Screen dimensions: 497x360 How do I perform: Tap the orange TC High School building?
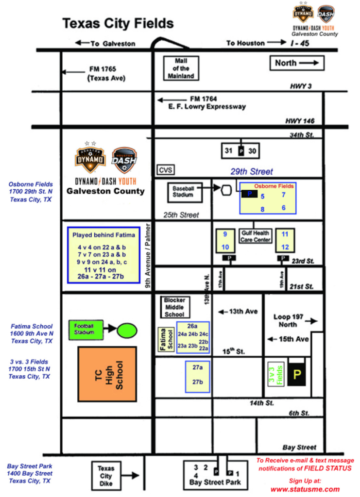pyautogui.click(x=108, y=374)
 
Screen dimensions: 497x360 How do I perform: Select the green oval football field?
pyautogui.click(x=127, y=330)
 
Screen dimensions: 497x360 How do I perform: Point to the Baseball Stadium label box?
pyautogui.click(x=183, y=191)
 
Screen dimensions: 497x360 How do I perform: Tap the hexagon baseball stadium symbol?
pyautogui.click(x=225, y=190)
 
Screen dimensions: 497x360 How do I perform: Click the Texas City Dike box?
pyautogui.click(x=106, y=476)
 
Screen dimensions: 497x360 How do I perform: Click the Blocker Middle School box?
pyautogui.click(x=174, y=307)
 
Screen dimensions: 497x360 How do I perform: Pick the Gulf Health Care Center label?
pyautogui.click(x=255, y=236)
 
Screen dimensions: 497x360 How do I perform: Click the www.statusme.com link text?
pyautogui.click(x=305, y=489)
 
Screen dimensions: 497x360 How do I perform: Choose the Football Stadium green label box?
pyautogui.click(x=88, y=329)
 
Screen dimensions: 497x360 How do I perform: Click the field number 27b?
pyautogui.click(x=197, y=382)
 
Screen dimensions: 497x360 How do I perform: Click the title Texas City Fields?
pyautogui.click(x=118, y=23)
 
